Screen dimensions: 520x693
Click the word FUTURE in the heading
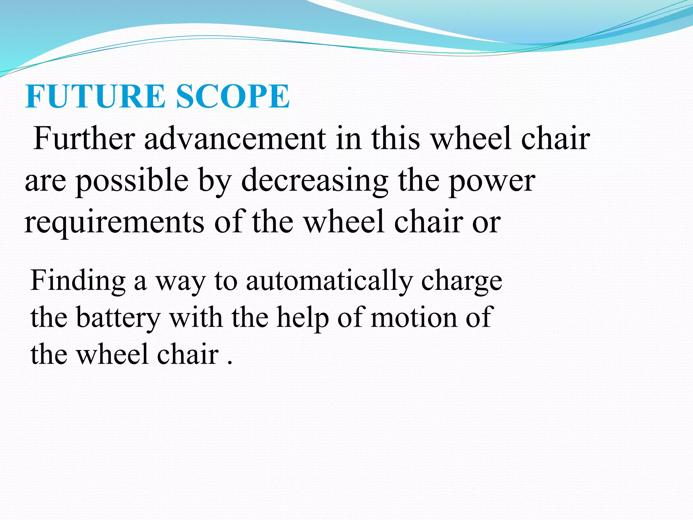tap(95, 97)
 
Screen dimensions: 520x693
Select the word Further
tap(84, 139)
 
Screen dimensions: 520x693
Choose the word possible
tap(132, 181)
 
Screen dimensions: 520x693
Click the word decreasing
tap(315, 181)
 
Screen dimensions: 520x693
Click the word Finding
tap(78, 281)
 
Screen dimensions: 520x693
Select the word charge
tap(462, 283)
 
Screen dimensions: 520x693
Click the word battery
tap(118, 318)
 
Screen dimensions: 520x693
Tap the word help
tap(303, 318)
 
